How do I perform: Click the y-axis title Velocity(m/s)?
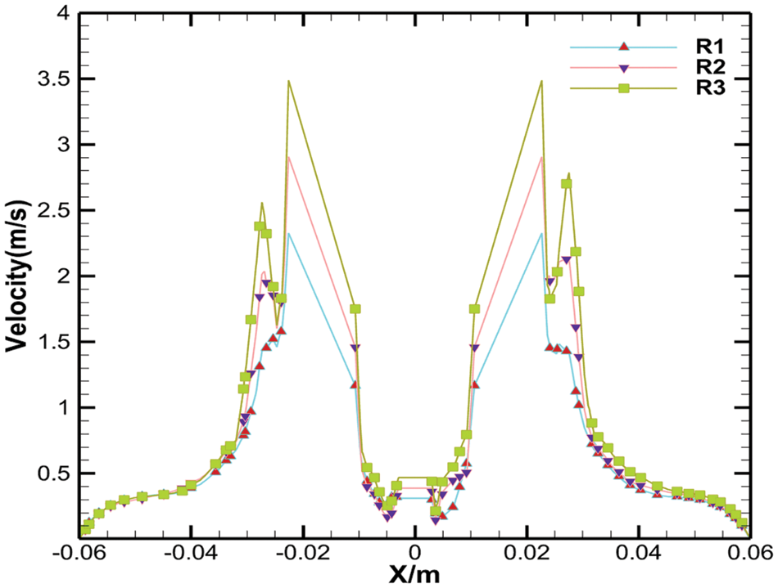point(18,271)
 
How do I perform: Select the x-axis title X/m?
point(414,574)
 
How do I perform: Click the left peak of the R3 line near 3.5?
point(288,81)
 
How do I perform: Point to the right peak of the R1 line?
point(541,234)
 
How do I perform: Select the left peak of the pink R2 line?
point(288,157)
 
